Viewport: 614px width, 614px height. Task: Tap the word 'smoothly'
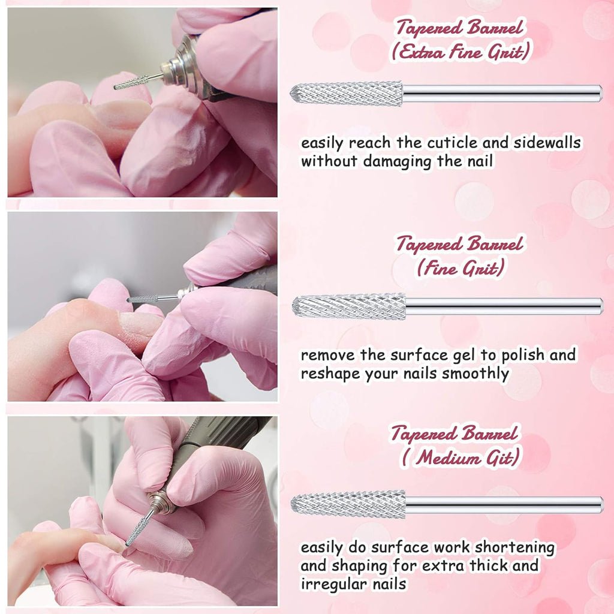475,374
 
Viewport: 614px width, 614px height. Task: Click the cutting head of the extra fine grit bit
346,94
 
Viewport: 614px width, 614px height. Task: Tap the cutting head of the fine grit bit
349,306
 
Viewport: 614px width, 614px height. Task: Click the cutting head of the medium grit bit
348,504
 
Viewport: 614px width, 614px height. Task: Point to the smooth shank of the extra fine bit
502,94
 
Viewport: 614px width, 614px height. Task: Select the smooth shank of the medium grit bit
504,505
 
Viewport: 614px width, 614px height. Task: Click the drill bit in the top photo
138,82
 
